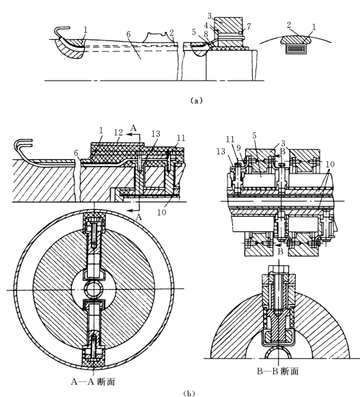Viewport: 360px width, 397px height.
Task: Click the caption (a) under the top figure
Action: point(196,100)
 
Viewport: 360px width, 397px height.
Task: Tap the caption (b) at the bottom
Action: point(189,393)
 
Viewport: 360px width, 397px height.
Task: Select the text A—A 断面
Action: point(93,381)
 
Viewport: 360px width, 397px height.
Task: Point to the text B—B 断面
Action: point(278,371)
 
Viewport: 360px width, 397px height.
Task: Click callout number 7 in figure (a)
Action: point(249,26)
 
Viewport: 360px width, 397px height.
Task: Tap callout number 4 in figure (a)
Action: point(206,25)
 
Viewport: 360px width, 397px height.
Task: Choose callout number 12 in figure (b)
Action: point(118,133)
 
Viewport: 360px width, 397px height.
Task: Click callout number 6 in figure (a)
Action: point(128,34)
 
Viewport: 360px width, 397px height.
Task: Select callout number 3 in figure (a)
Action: point(209,16)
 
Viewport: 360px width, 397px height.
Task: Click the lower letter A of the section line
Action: point(139,217)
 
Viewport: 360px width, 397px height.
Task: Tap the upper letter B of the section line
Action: point(283,152)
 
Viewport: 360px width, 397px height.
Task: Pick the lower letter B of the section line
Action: point(280,251)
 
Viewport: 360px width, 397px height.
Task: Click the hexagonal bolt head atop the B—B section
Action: point(278,269)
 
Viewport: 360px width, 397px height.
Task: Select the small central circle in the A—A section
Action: point(94,289)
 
